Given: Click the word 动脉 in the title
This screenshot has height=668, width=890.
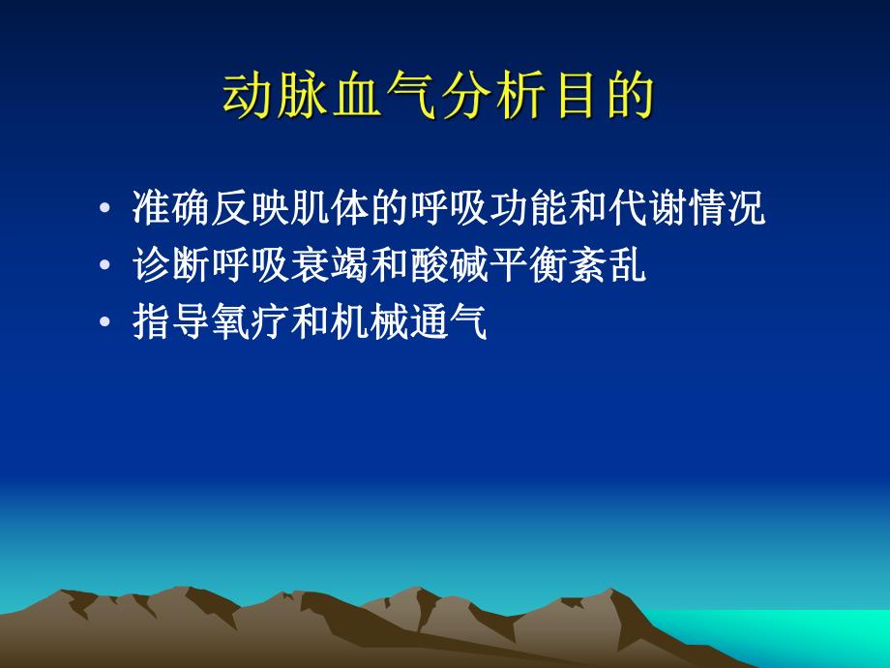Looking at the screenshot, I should pyautogui.click(x=277, y=97).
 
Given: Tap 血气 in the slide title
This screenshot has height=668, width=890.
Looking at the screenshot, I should pyautogui.click(x=384, y=97).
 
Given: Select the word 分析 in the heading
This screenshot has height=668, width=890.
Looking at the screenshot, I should pyautogui.click(x=493, y=97).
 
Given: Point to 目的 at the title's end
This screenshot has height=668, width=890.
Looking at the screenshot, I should pyautogui.click(x=602, y=97).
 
